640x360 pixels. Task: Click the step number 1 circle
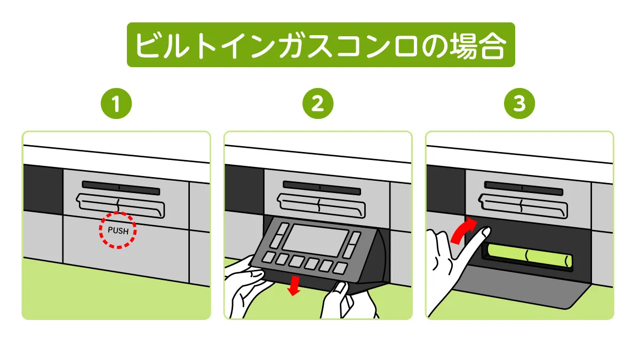click(116, 105)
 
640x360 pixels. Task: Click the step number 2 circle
click(318, 105)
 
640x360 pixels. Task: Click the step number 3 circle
click(519, 105)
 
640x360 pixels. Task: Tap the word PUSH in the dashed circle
click(118, 231)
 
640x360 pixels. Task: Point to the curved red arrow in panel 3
click(462, 230)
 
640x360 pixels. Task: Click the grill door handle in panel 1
click(120, 205)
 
